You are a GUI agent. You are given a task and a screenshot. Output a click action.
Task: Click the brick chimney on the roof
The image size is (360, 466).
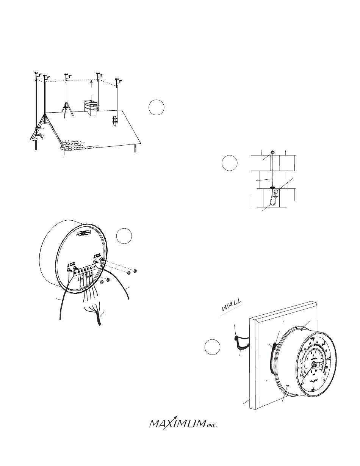90,107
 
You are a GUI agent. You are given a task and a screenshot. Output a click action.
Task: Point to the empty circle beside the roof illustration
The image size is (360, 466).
156,107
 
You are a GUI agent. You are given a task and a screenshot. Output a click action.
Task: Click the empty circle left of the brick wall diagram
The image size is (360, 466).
230,163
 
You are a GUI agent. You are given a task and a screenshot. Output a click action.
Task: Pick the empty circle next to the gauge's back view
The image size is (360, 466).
124,235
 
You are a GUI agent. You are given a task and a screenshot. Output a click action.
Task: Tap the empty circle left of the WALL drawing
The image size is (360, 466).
212,347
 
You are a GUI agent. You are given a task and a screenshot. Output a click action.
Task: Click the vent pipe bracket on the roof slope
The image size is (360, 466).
115,121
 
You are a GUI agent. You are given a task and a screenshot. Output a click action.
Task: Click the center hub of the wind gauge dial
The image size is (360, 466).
314,364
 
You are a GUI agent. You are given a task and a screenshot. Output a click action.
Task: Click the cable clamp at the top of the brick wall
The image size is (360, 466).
272,153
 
